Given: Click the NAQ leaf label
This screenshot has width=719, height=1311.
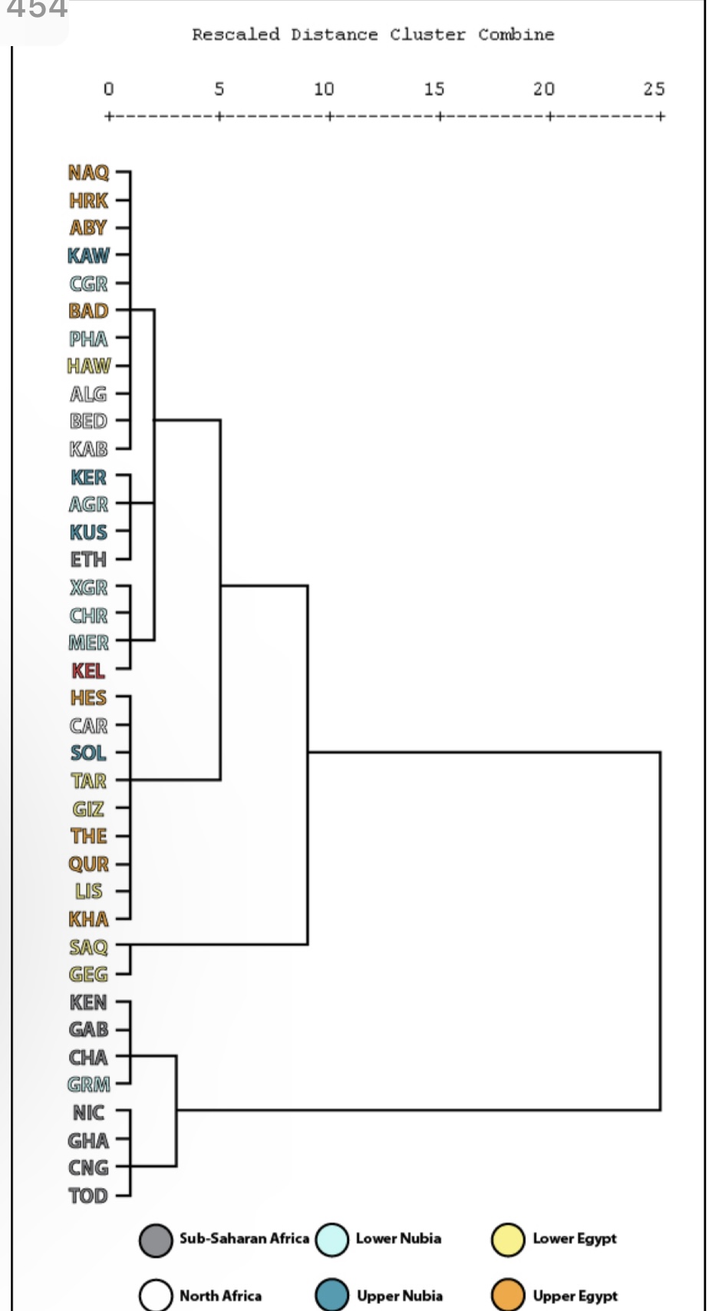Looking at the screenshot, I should (89, 173).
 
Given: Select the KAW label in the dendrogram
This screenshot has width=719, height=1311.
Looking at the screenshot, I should (89, 256).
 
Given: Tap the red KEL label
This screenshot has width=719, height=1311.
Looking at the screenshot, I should (88, 670).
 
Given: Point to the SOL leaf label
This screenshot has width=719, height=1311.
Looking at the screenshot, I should (88, 753).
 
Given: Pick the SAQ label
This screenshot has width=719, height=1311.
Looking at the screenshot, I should (89, 947).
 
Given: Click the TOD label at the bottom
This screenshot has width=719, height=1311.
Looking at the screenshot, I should (88, 1196).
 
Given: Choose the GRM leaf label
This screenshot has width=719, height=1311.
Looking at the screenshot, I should (89, 1084).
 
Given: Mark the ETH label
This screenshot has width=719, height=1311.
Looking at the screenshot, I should (88, 560).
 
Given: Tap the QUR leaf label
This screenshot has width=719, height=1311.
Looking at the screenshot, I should (89, 864).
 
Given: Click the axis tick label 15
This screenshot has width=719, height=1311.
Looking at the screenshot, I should (434, 89).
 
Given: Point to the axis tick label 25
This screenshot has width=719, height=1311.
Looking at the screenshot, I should (654, 89).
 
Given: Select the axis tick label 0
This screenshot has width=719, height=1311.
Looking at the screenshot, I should (109, 89).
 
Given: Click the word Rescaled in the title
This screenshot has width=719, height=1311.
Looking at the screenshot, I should (236, 35).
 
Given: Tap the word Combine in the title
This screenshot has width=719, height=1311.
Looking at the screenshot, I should (516, 35).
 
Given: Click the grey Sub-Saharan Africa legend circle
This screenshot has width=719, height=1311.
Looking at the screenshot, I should (156, 1240).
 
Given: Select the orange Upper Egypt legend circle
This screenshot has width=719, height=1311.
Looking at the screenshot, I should (508, 1295).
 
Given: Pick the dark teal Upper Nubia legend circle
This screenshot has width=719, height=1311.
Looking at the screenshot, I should (332, 1295).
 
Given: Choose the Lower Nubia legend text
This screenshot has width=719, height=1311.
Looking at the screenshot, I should (398, 1238).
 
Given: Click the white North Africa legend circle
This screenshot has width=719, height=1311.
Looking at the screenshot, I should (156, 1295).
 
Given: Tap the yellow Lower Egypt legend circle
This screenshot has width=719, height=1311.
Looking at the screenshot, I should (508, 1240).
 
